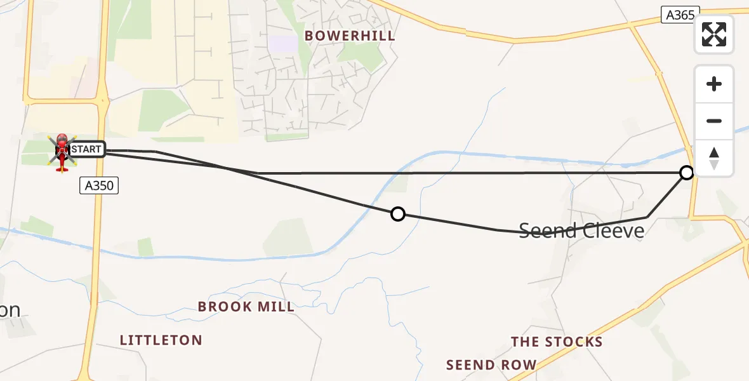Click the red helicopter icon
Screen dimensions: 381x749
[x=62, y=152]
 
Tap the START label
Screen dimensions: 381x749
[x=86, y=150]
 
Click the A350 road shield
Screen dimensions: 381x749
[x=99, y=185]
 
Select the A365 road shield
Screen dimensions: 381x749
[x=680, y=15]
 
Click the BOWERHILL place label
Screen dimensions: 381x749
[x=350, y=36]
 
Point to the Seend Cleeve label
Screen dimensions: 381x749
[x=581, y=230]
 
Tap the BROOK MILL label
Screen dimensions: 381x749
[x=246, y=307]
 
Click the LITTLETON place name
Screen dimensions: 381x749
[x=161, y=340]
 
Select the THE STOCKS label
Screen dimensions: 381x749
[x=557, y=342]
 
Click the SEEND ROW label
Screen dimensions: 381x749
[x=491, y=365]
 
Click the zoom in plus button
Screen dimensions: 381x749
[x=714, y=84]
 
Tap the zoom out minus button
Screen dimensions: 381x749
[x=714, y=121]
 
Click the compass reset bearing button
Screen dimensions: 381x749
[x=714, y=157]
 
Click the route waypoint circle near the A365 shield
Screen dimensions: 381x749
[x=687, y=172]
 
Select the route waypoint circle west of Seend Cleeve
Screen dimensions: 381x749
[x=398, y=214]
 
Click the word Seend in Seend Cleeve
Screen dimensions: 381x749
[x=547, y=230]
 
